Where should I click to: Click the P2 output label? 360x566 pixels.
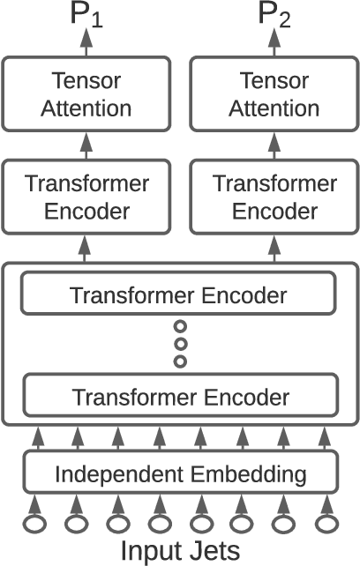point(275,15)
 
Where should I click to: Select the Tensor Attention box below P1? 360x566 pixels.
point(86,95)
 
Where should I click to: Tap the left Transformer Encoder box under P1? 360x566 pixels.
point(86,198)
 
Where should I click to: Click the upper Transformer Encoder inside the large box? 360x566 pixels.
point(180,295)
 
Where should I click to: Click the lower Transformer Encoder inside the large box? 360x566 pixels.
point(180,397)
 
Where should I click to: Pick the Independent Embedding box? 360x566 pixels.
point(180,474)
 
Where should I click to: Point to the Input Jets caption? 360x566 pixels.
point(180,550)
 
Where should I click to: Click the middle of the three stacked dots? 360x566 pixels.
point(180,345)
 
